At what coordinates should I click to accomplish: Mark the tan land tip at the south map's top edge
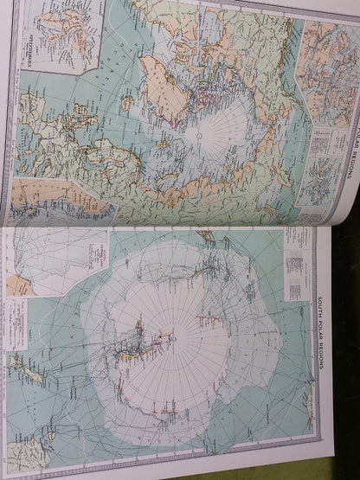(x=206, y=235)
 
